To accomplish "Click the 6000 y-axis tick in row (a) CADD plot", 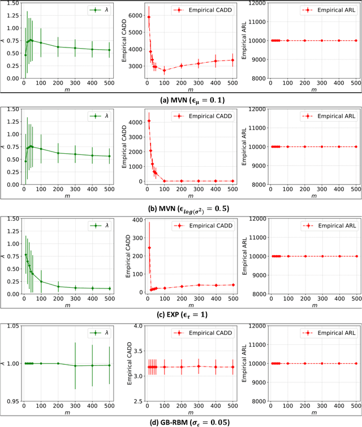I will click(x=135, y=17).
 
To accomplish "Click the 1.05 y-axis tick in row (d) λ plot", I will click(x=12, y=326).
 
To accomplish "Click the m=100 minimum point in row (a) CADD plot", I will click(x=164, y=70).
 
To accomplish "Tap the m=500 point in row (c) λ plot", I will click(x=110, y=288).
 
